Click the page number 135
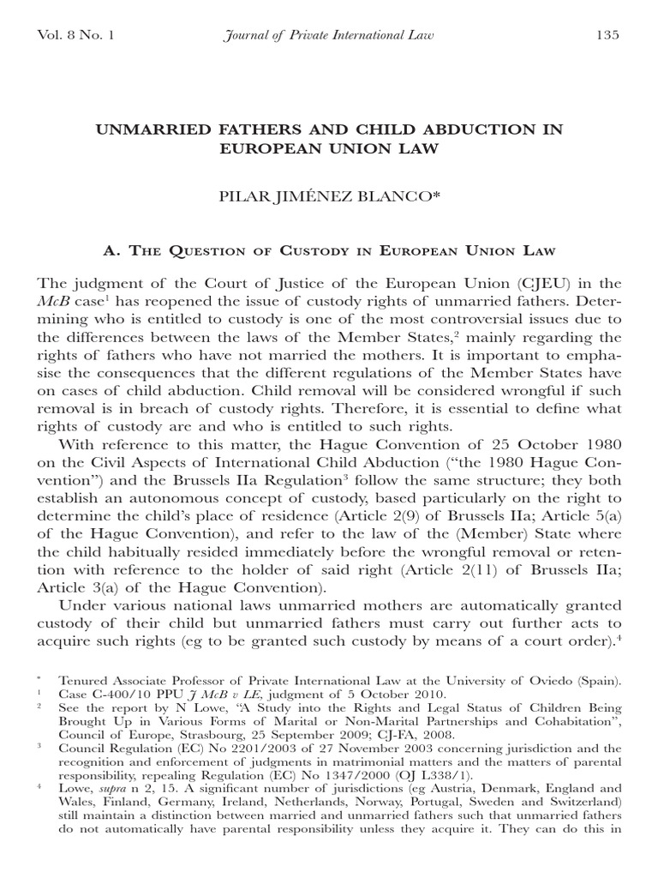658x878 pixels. click(x=606, y=35)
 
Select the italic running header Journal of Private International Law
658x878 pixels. click(x=328, y=35)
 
